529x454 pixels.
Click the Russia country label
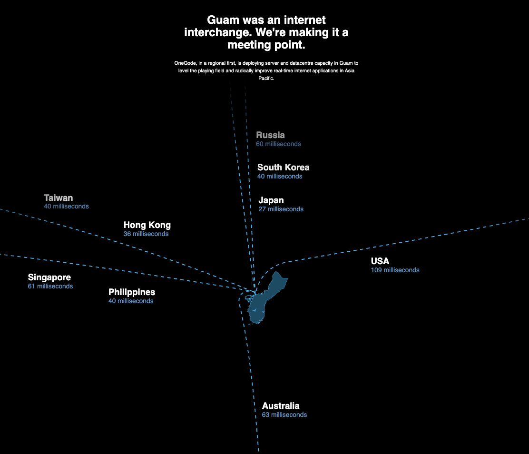(x=270, y=135)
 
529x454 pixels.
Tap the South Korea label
(x=284, y=168)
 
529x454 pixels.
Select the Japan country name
(x=271, y=200)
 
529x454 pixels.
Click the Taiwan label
(x=59, y=198)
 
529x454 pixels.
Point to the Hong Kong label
(x=147, y=225)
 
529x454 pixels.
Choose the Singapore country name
(x=49, y=277)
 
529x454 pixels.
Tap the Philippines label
(x=132, y=292)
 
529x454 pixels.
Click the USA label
(x=380, y=261)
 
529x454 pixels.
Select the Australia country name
(x=281, y=406)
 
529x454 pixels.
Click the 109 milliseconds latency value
(x=395, y=270)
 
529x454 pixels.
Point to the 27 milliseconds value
(x=281, y=209)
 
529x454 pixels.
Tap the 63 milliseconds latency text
(x=284, y=415)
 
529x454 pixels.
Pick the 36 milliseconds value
(x=146, y=234)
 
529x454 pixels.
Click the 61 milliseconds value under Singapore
(x=50, y=286)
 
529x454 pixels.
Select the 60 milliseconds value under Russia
(x=278, y=144)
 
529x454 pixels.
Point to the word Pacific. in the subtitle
(x=266, y=79)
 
